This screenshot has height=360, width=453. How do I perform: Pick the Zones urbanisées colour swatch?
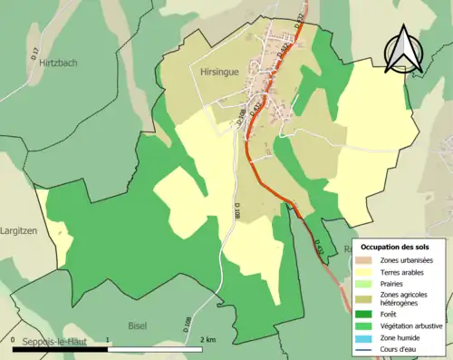tap(366, 261)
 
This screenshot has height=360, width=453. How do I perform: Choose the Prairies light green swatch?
tap(366, 284)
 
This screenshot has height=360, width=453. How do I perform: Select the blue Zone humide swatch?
tap(366, 338)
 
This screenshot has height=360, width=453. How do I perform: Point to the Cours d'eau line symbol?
tap(366, 349)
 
